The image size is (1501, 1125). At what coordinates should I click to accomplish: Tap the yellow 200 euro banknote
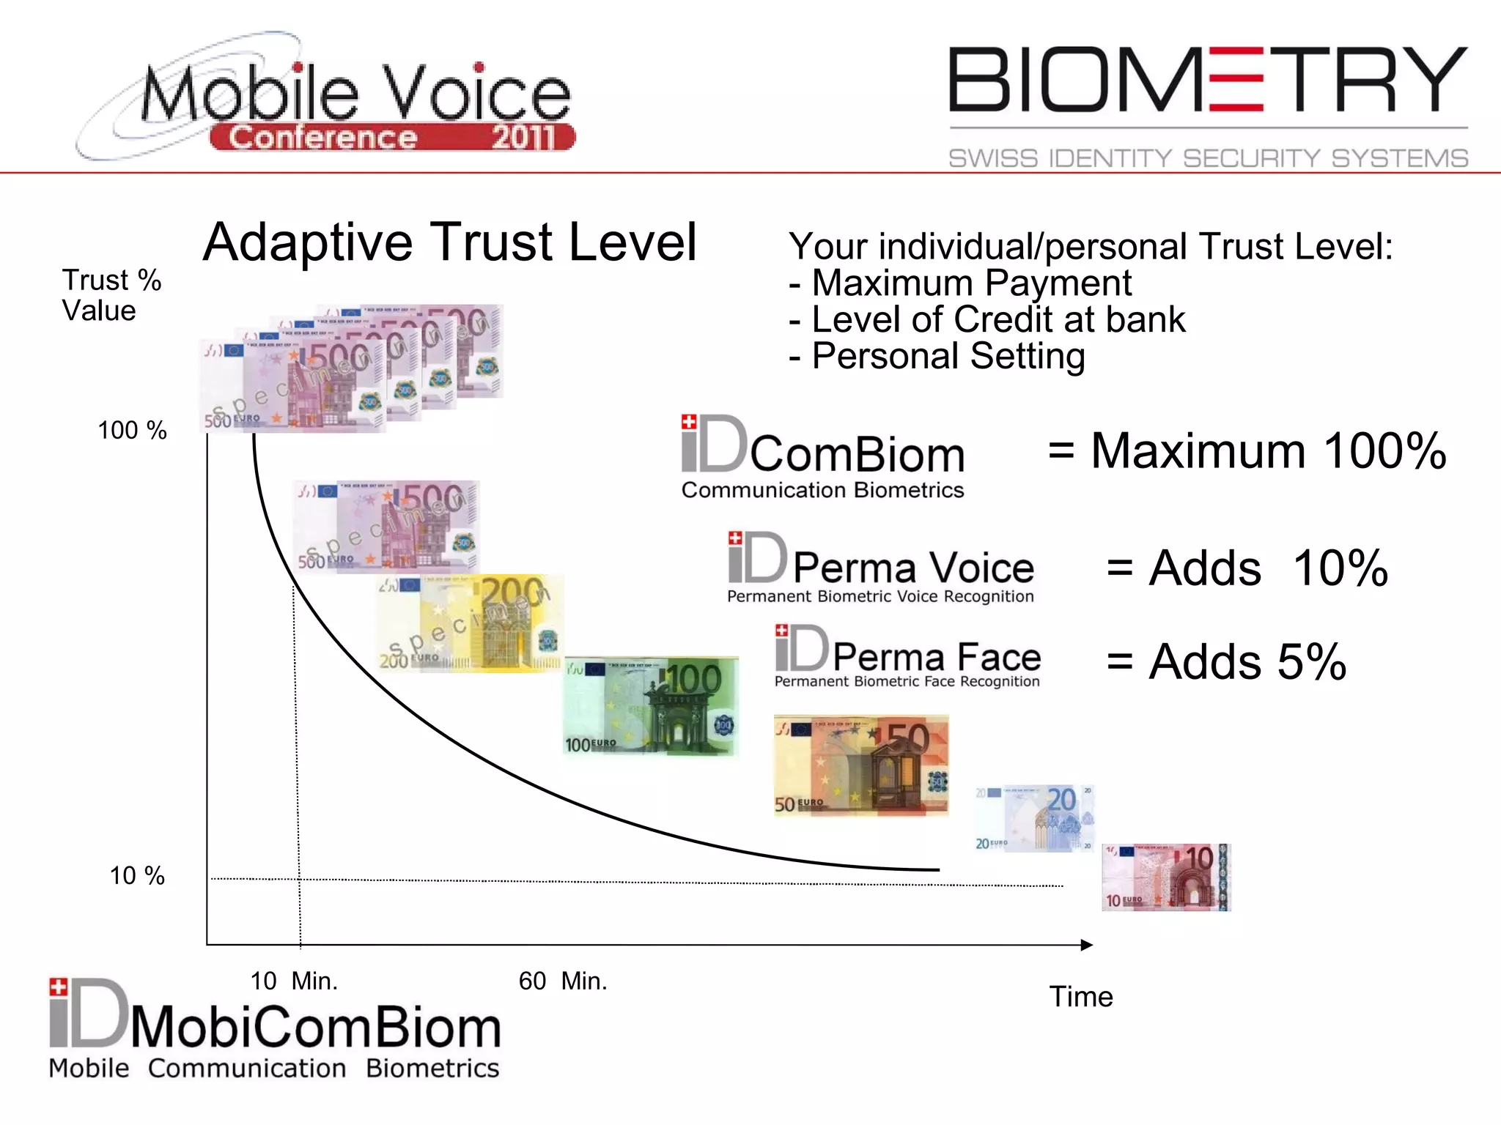(x=470, y=623)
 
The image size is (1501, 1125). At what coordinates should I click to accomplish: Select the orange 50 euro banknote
(x=861, y=766)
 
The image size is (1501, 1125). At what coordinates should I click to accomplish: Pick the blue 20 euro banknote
(x=1034, y=818)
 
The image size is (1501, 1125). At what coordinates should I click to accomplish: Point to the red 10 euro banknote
(x=1166, y=877)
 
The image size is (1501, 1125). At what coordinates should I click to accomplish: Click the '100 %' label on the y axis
(x=133, y=431)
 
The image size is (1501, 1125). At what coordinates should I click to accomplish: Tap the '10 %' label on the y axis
(x=137, y=876)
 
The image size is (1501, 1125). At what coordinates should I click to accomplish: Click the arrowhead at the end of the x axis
(x=1087, y=945)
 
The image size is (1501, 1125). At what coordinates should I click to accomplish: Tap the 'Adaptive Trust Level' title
(x=449, y=243)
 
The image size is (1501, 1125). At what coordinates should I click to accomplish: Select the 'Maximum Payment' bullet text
(x=971, y=283)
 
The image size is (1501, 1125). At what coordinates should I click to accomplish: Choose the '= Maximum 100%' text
(x=1247, y=451)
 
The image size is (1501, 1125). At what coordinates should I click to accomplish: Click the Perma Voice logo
(x=881, y=568)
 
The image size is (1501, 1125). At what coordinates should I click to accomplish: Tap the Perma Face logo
(x=907, y=657)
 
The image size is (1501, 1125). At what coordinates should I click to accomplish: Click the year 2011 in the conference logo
(x=523, y=138)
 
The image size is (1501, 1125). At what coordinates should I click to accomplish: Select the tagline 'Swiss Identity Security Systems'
(x=1208, y=158)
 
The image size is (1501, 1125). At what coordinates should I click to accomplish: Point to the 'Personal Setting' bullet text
(x=948, y=357)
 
